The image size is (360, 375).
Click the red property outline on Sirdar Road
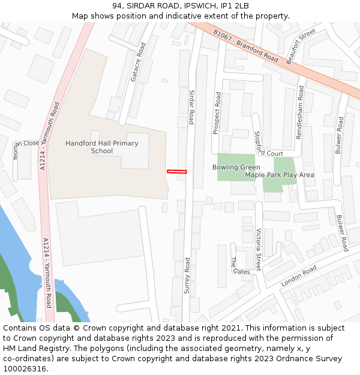(176, 172)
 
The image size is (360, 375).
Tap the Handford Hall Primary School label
(101, 147)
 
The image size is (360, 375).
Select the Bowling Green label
(236, 167)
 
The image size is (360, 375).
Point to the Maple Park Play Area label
(280, 175)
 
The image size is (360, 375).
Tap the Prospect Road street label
(217, 113)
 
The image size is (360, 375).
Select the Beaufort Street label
(301, 46)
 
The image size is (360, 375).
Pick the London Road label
(298, 276)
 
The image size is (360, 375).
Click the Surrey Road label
(187, 275)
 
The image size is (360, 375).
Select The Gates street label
(238, 265)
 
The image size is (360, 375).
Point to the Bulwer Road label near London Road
(342, 233)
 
